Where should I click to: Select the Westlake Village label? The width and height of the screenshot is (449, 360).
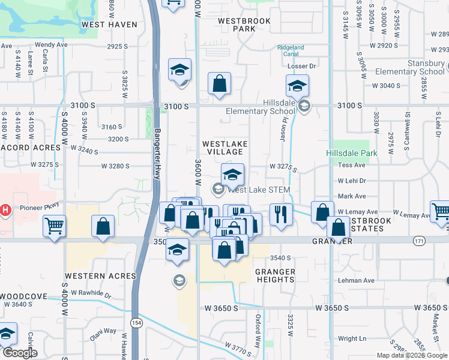(x=224, y=148)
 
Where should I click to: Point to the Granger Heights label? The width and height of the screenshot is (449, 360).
(x=276, y=276)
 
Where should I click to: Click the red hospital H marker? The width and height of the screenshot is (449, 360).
(x=5, y=210)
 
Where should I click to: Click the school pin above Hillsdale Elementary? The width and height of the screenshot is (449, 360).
(x=297, y=86)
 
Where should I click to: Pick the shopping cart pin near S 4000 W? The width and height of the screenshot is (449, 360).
(x=55, y=227)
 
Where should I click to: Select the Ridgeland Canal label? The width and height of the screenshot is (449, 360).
(x=291, y=50)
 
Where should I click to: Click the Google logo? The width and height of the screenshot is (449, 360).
(x=20, y=353)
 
